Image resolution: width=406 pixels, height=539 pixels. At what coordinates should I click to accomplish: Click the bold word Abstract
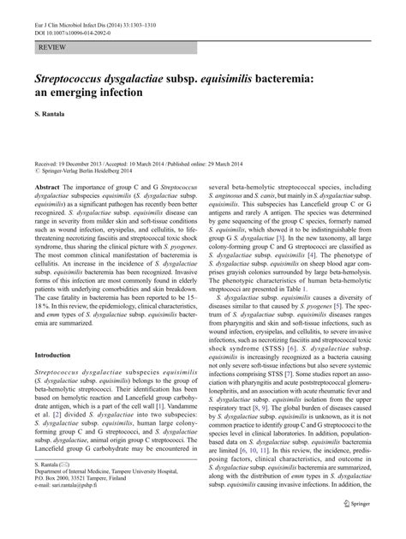(x=46, y=186)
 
